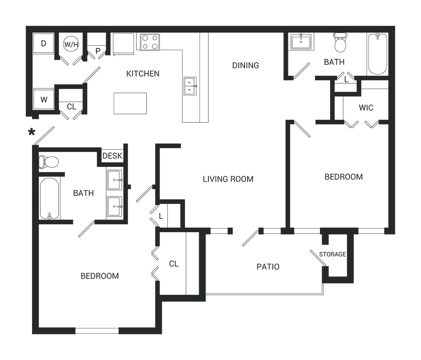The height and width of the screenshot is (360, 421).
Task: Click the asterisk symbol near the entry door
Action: pyautogui.click(x=32, y=132)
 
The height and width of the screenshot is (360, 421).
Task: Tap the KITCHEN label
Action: pyautogui.click(x=143, y=74)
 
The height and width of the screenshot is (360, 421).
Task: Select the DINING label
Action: pyautogui.click(x=245, y=65)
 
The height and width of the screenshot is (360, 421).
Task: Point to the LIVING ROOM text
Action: pyautogui.click(x=228, y=179)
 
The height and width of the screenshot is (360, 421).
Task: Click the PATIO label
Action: pyautogui.click(x=268, y=267)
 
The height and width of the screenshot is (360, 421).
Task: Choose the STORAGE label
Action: pyautogui.click(x=333, y=254)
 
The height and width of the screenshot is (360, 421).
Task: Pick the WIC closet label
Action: pyautogui.click(x=366, y=108)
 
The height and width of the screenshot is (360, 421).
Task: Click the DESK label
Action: pyautogui.click(x=112, y=156)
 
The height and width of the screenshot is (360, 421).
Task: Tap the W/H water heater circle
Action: pyautogui.click(x=71, y=44)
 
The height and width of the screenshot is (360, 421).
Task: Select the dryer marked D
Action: pyautogui.click(x=43, y=43)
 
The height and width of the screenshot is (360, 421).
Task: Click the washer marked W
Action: pyautogui.click(x=43, y=99)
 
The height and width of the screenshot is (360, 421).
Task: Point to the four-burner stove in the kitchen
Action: pyautogui.click(x=150, y=42)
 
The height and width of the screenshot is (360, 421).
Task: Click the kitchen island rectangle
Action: pyautogui.click(x=130, y=103)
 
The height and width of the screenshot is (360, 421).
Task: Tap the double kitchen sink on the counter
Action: pyautogui.click(x=190, y=86)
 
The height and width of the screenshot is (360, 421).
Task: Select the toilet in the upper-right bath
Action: pyautogui.click(x=341, y=42)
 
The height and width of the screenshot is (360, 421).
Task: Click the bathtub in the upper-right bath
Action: pyautogui.click(x=378, y=54)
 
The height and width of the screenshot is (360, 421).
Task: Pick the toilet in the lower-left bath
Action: pyautogui.click(x=48, y=162)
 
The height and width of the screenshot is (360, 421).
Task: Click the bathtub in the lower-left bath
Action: pyautogui.click(x=49, y=198)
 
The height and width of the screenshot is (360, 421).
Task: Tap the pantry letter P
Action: pyautogui.click(x=98, y=51)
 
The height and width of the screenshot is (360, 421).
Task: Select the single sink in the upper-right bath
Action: pyautogui.click(x=301, y=42)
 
